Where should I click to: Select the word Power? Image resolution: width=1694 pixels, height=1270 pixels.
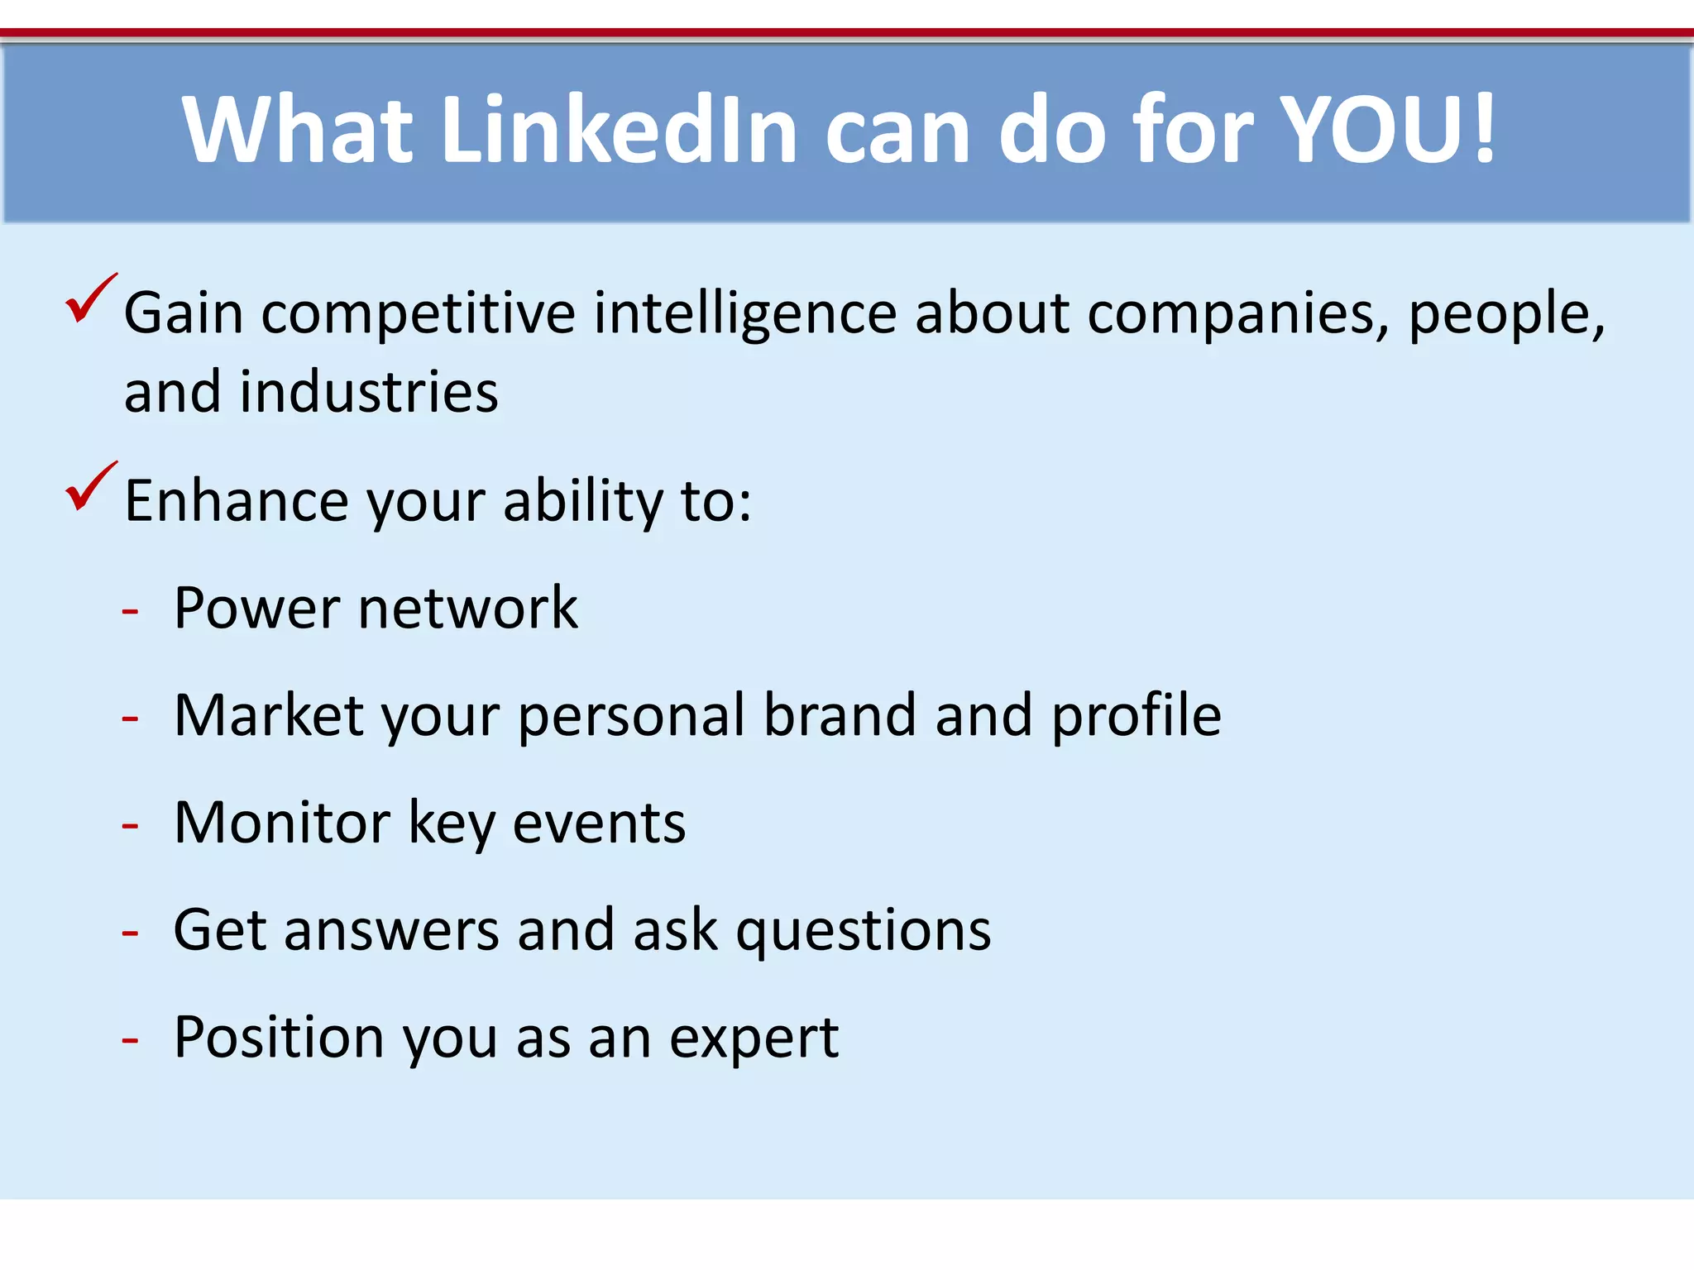(x=257, y=609)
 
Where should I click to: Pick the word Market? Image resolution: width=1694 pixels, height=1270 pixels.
(x=269, y=715)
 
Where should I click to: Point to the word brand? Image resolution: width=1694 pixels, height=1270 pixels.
(x=839, y=715)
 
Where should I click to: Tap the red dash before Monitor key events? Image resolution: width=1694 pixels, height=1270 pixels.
(x=130, y=826)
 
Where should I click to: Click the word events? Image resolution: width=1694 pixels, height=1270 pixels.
(x=599, y=824)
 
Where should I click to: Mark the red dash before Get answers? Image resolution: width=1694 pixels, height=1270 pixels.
(x=130, y=933)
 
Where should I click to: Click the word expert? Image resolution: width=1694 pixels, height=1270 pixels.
(x=754, y=1039)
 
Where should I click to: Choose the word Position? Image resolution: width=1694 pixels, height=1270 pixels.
(x=279, y=1038)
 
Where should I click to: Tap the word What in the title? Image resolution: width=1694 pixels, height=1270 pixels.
(x=297, y=130)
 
